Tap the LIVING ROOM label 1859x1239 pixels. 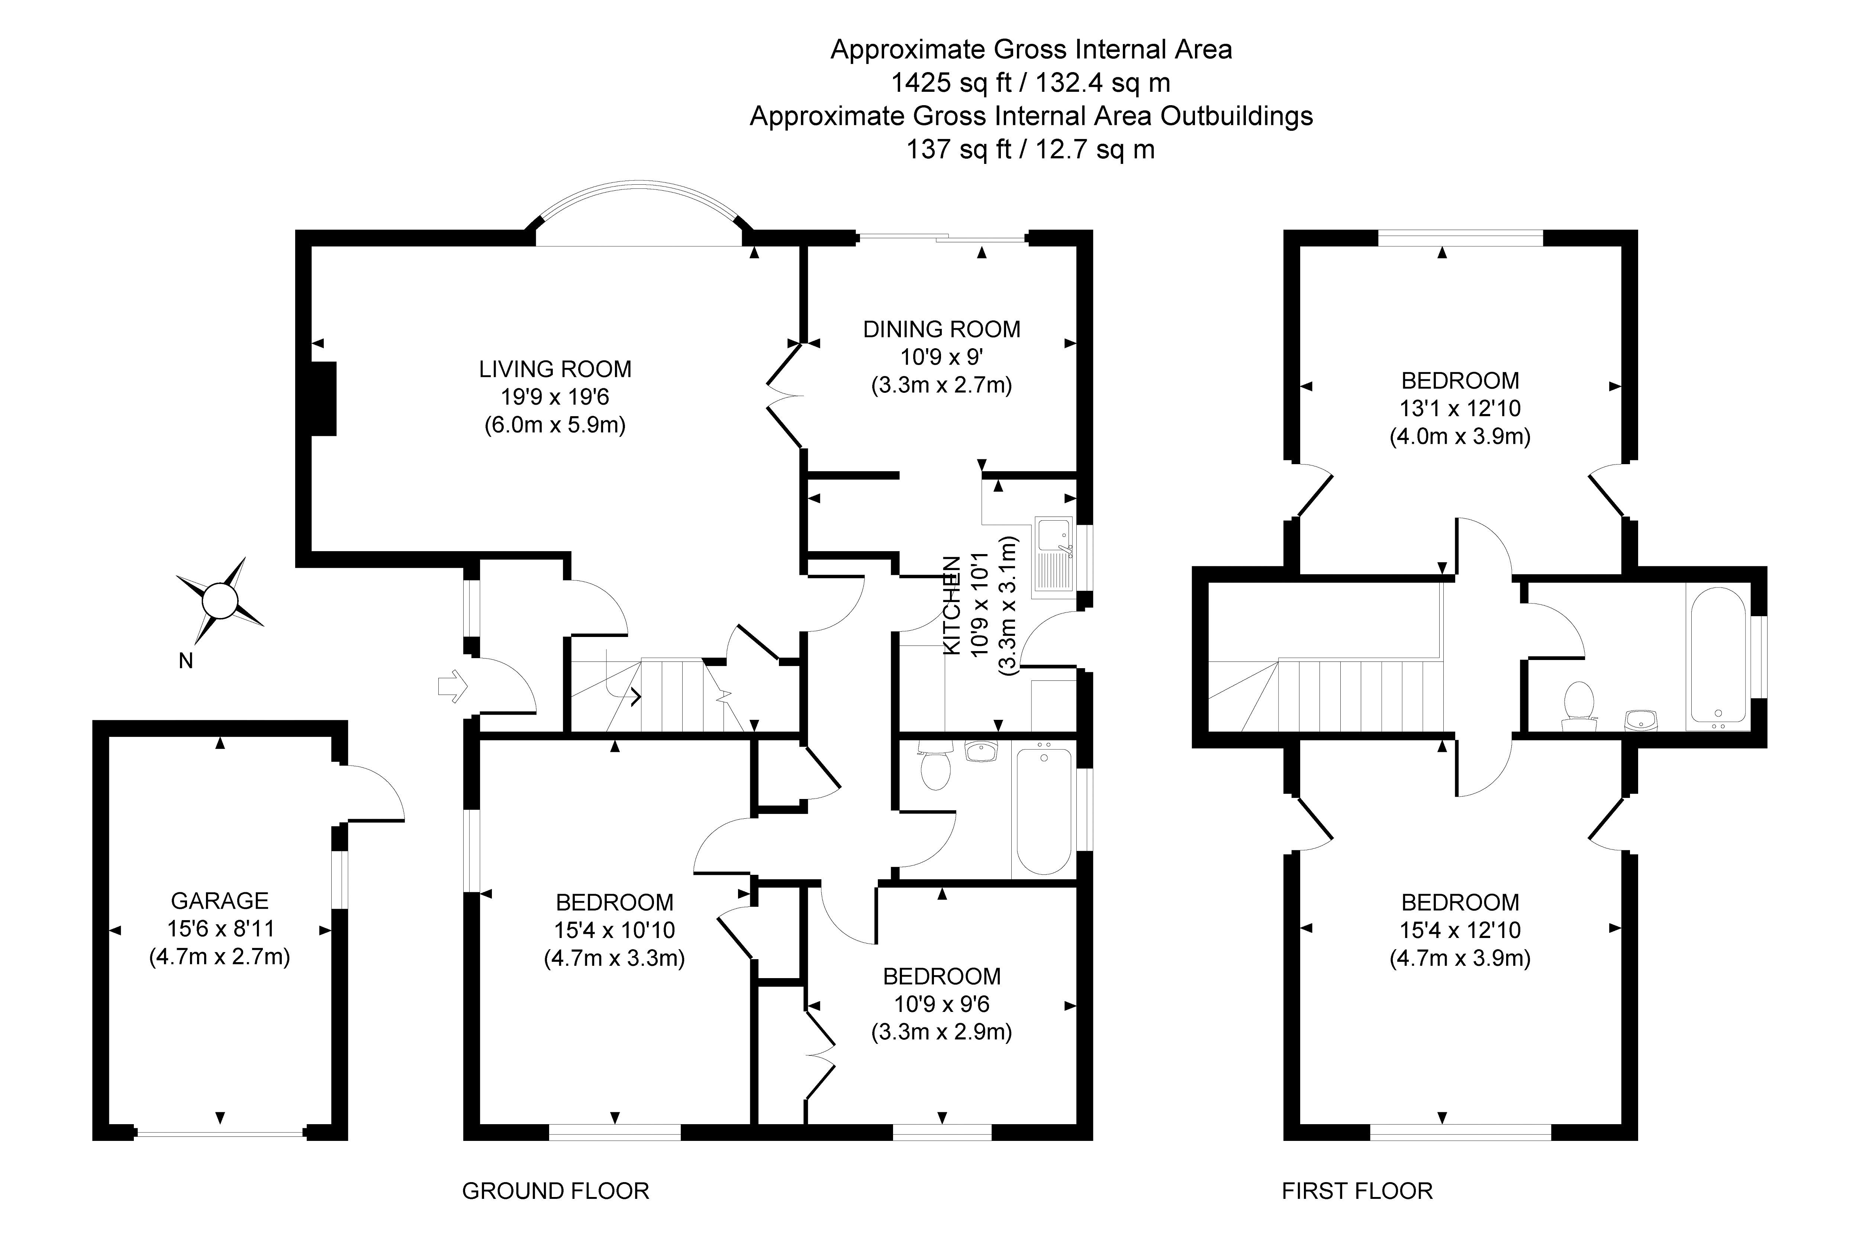coord(555,369)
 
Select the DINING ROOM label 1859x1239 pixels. coord(941,329)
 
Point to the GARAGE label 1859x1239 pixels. coord(220,901)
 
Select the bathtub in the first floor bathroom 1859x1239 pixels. coord(1717,656)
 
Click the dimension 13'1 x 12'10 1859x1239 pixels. coord(1460,408)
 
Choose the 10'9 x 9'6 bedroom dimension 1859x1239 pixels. coord(941,1004)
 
